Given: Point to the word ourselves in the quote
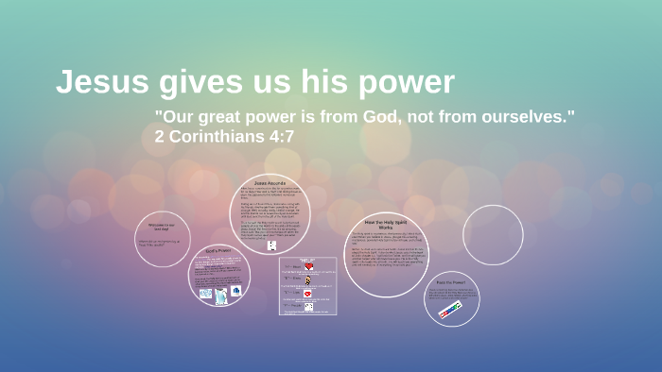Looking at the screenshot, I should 528,117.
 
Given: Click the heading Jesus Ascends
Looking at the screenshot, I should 270,182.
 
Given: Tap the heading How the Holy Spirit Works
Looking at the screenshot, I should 386,224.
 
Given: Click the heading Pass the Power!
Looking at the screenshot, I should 451,281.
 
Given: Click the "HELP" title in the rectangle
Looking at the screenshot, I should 308,260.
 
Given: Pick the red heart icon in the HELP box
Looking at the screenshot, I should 308,267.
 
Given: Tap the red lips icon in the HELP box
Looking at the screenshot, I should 308,294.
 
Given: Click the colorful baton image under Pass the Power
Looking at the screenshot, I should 450,310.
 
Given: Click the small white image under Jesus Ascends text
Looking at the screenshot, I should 271,245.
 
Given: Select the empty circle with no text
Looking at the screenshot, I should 493,235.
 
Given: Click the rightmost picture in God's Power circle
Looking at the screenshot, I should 235,291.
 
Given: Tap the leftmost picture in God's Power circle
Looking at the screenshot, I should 205,293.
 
